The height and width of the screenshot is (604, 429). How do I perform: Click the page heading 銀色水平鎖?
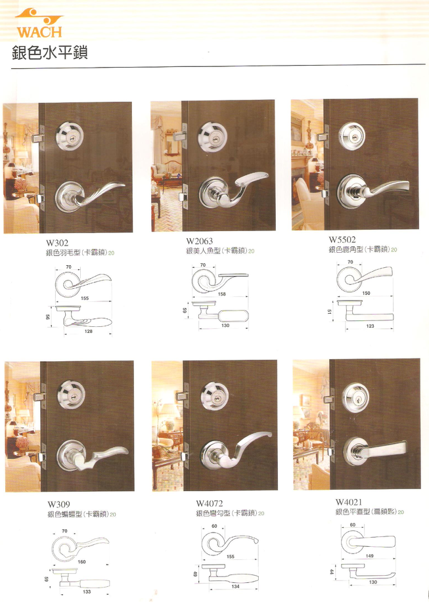[49, 53]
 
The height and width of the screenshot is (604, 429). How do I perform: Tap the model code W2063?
[200, 241]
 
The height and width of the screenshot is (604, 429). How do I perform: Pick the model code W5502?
[342, 240]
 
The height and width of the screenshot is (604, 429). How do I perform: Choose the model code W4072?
[210, 504]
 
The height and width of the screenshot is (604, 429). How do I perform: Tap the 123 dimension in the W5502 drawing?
[371, 326]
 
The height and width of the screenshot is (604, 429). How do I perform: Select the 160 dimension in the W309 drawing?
[82, 562]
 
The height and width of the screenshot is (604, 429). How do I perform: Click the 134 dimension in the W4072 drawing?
[235, 586]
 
